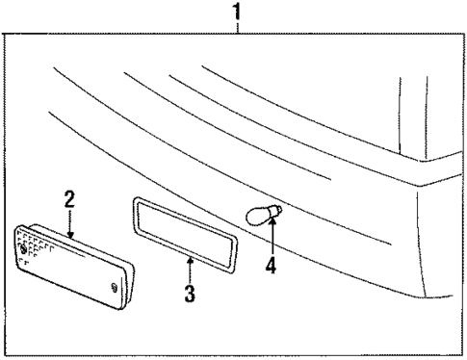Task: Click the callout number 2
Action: point(69,200)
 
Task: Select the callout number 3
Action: point(190,293)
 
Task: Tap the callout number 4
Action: point(271,265)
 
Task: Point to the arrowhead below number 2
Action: point(70,235)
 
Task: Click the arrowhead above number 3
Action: point(190,260)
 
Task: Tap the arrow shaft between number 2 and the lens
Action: point(70,222)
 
